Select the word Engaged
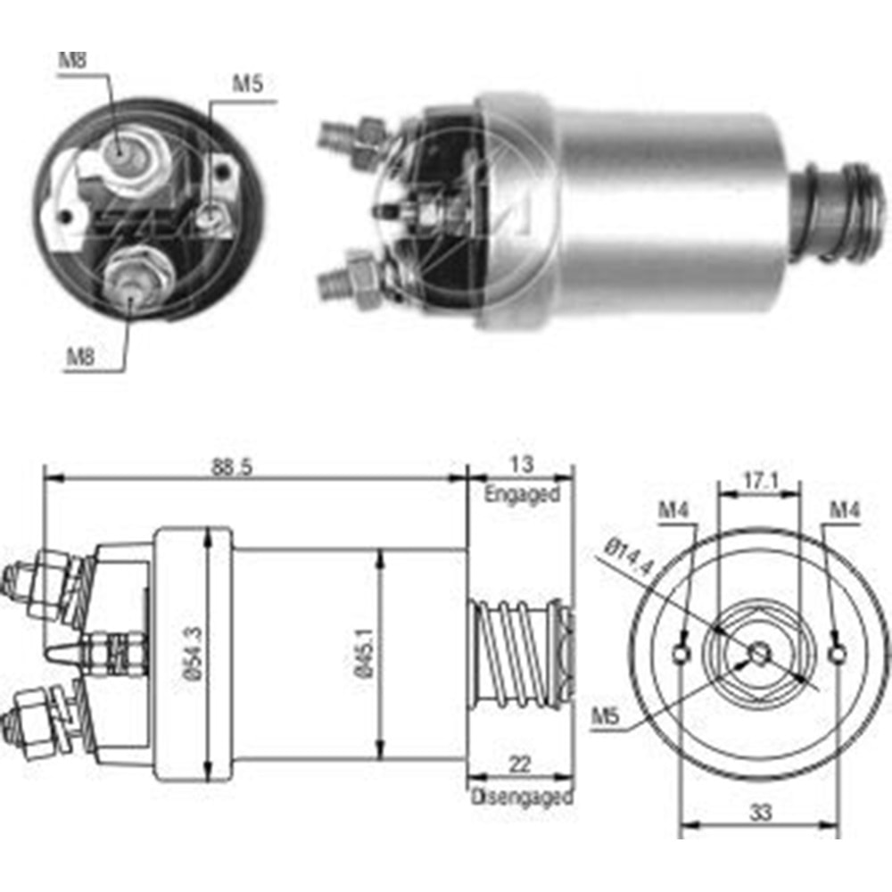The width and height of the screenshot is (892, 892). (x=522, y=494)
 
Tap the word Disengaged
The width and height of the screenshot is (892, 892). (x=521, y=797)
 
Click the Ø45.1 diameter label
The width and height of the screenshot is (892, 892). (x=368, y=654)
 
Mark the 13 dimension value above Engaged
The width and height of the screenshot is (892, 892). (x=523, y=464)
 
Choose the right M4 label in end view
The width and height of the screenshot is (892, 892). (x=844, y=510)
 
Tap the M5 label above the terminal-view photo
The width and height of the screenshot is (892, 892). (x=247, y=85)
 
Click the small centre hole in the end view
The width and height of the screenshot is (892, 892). (x=759, y=654)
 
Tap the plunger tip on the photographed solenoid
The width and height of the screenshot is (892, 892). (x=843, y=212)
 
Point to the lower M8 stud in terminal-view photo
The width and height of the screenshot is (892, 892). (x=132, y=279)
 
